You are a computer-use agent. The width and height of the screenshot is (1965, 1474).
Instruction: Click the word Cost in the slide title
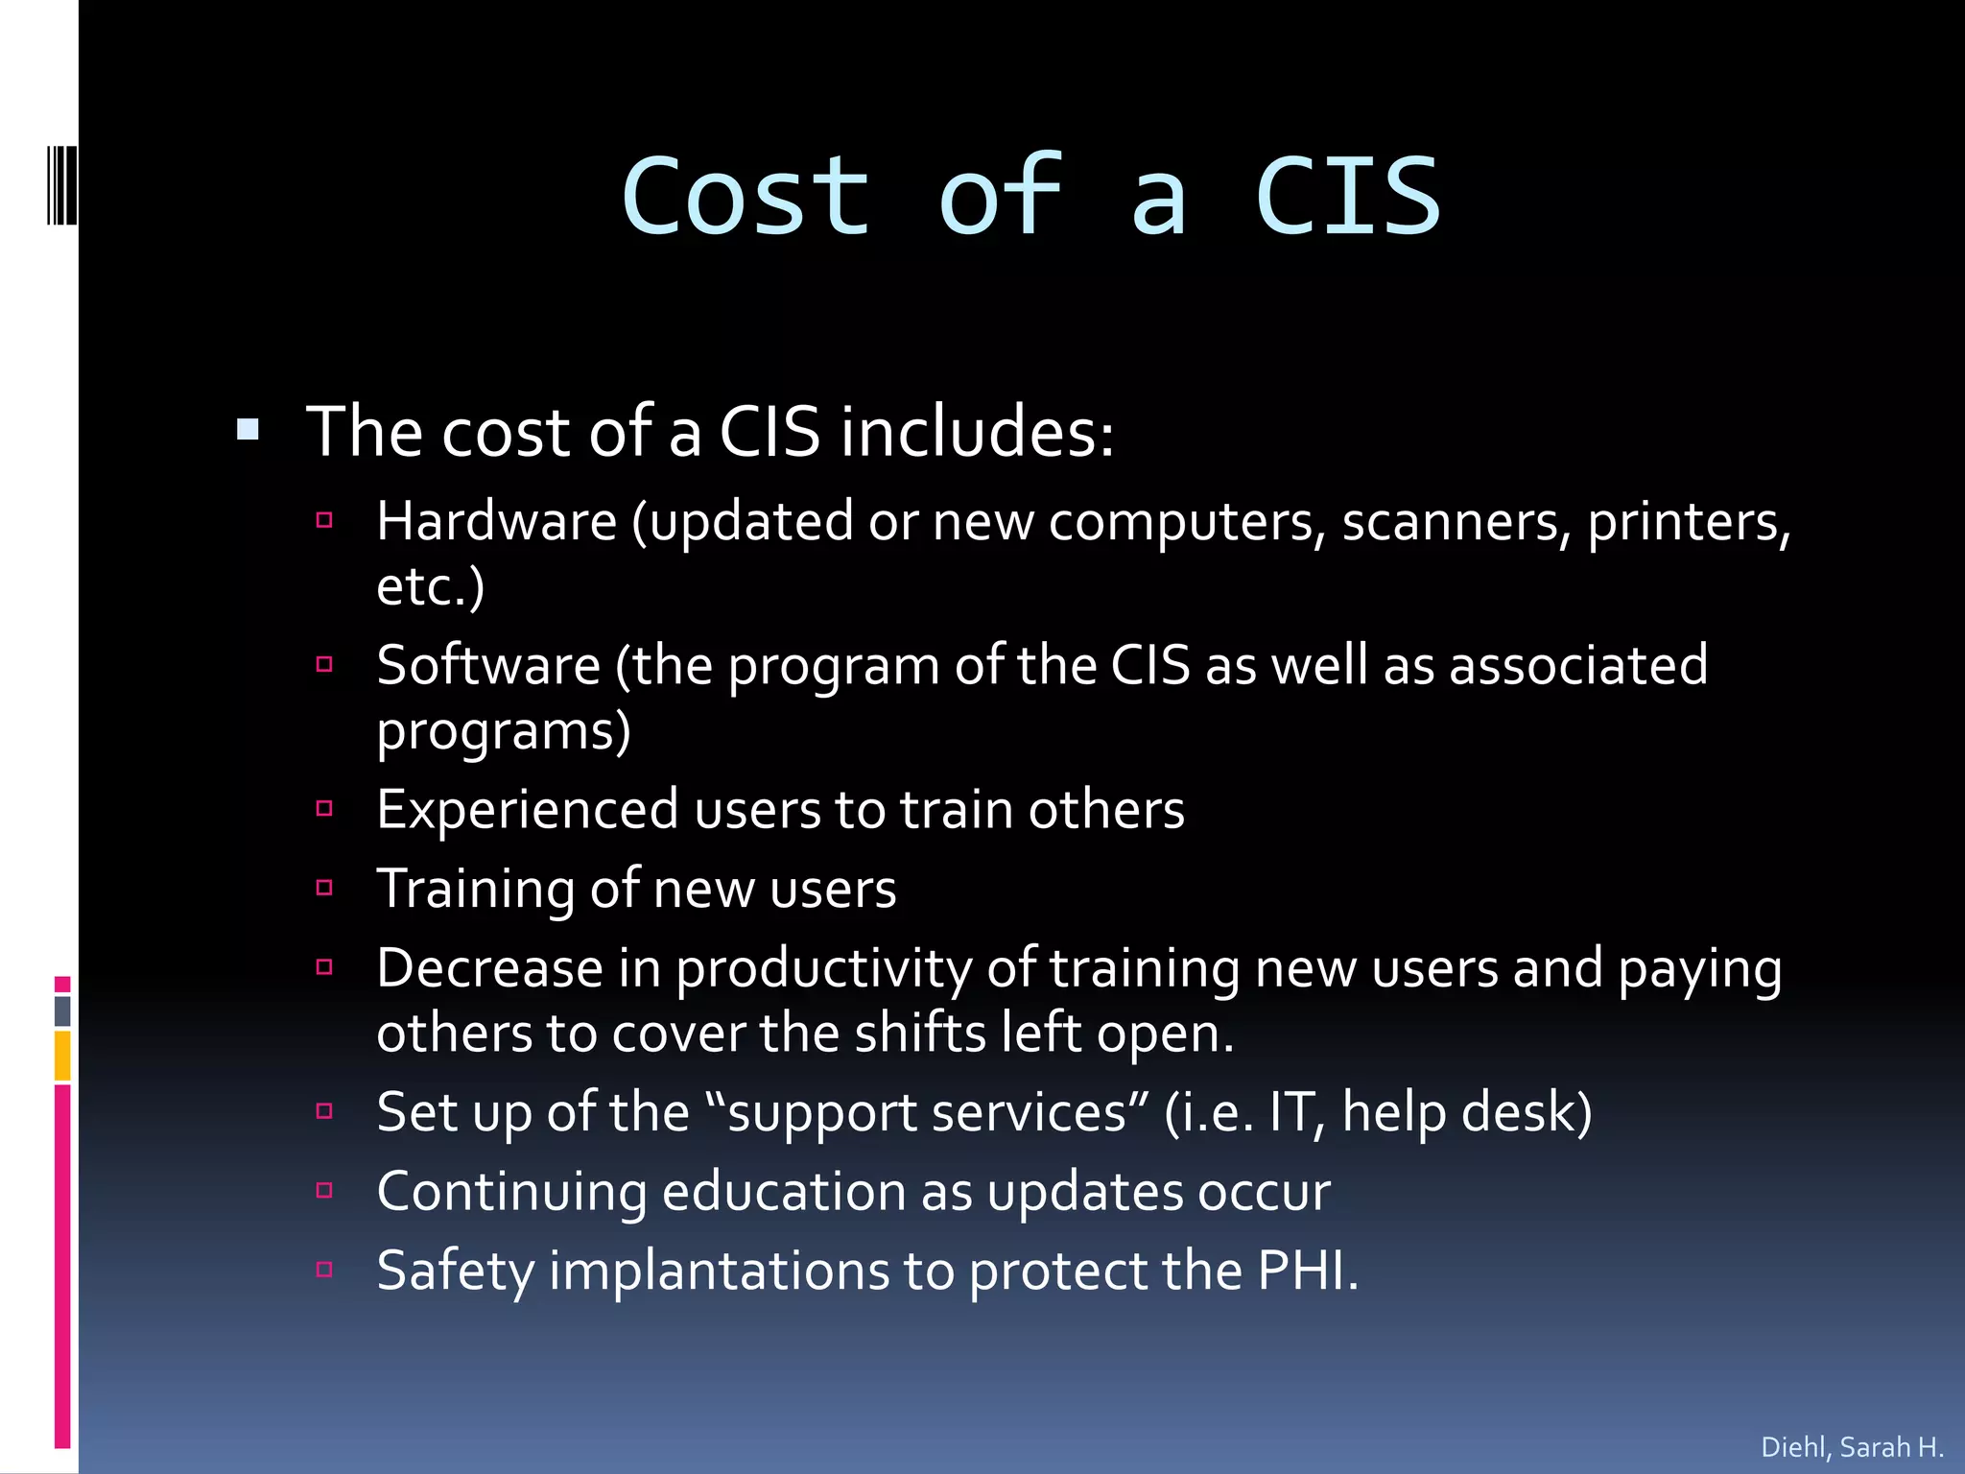[746, 197]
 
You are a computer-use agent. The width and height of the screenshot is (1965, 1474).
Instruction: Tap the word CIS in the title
[1347, 197]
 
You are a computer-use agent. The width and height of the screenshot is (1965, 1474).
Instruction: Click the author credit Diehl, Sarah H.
[1852, 1446]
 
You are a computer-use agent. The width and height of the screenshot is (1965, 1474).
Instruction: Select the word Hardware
[496, 522]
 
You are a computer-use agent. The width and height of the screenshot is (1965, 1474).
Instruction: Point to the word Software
[487, 665]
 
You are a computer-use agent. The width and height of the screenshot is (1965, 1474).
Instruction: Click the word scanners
[1456, 522]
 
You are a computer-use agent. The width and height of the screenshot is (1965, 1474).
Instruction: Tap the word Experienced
[528, 810]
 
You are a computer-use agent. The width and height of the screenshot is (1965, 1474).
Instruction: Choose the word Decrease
[490, 968]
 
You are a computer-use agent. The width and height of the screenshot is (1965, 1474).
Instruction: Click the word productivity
[823, 970]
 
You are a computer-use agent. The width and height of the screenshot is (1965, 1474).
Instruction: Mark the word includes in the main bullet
[976, 432]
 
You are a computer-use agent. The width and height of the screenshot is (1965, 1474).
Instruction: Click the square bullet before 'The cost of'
[248, 429]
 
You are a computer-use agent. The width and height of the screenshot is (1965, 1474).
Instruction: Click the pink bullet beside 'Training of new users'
[324, 888]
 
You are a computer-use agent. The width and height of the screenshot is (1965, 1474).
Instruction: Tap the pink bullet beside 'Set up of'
[324, 1111]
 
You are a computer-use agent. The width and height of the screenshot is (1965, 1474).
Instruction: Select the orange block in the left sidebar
[62, 1056]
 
